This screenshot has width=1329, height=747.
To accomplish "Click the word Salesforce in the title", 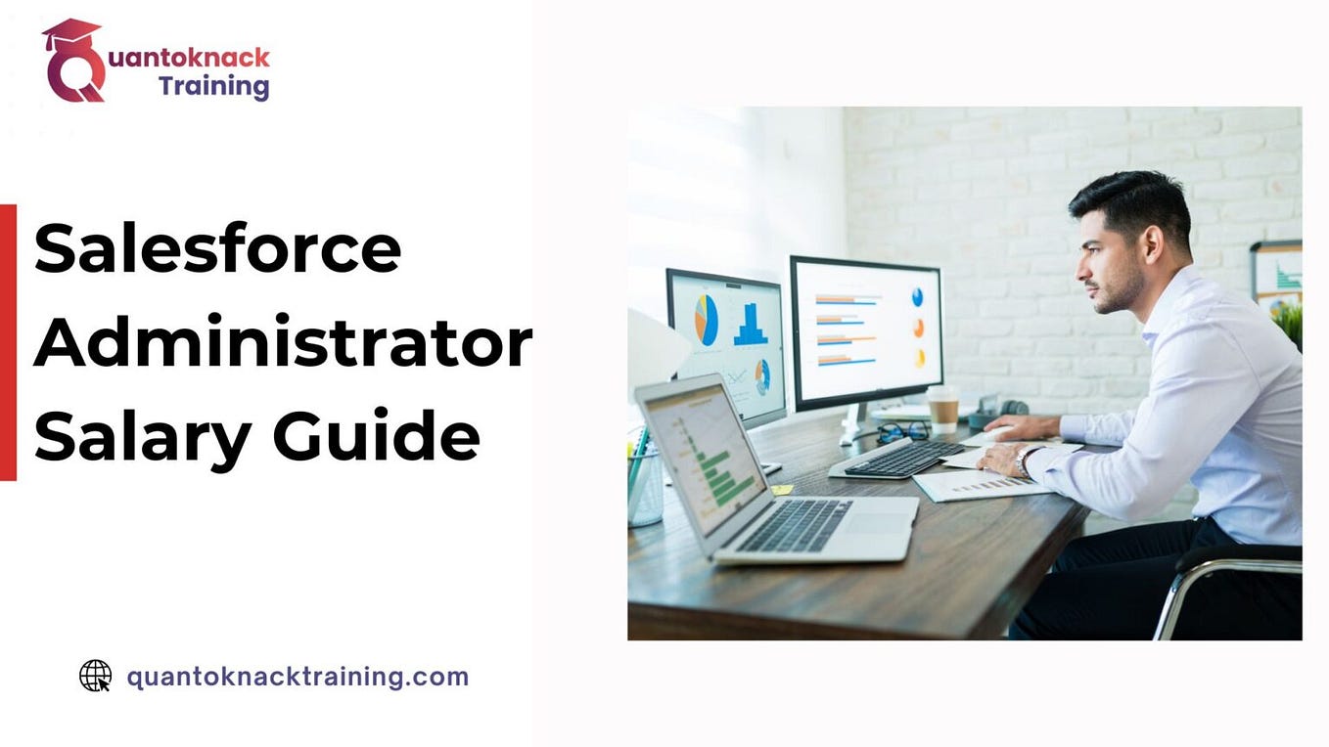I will [x=217, y=249].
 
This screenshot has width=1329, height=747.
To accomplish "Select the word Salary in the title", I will [x=143, y=437].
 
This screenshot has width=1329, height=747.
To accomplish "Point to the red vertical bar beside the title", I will [x=8, y=342].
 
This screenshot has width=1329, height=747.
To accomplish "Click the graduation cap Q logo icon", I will [x=73, y=61].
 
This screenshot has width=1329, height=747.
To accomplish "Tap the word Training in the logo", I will [x=213, y=86].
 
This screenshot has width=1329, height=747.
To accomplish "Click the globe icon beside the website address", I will [x=95, y=676].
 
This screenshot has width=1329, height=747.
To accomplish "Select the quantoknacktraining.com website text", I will [x=298, y=677].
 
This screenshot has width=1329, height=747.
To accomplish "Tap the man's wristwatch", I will [x=1023, y=460].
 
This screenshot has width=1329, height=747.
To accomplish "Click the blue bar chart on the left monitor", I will [x=751, y=325].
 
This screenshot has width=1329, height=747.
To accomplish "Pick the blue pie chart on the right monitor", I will [x=917, y=296].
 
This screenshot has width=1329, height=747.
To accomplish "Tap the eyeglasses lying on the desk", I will [x=902, y=431].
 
